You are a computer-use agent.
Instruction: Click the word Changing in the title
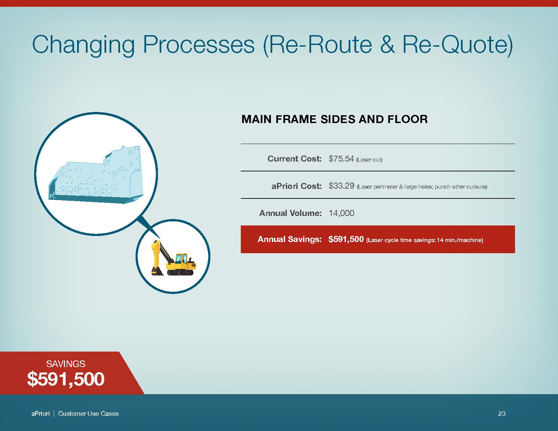point(84,45)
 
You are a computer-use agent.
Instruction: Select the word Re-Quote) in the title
point(458,45)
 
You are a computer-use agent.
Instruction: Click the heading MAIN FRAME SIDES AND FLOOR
point(334,119)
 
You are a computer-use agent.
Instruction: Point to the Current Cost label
point(295,159)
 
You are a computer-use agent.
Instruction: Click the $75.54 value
point(341,159)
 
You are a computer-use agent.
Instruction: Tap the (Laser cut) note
point(369,160)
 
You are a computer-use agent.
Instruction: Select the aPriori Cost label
point(297,186)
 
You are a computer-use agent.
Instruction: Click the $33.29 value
point(341,186)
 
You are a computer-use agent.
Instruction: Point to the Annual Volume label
point(290,213)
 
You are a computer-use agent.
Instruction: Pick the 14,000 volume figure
point(342,213)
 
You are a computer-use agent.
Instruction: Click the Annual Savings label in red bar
point(290,239)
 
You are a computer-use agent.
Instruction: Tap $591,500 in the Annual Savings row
point(346,239)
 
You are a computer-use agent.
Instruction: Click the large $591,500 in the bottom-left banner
point(66,379)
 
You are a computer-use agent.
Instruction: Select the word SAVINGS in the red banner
point(66,364)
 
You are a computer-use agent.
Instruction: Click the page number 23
point(502,413)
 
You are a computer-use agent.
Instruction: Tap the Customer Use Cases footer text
point(88,413)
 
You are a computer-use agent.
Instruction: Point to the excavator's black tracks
point(180,272)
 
